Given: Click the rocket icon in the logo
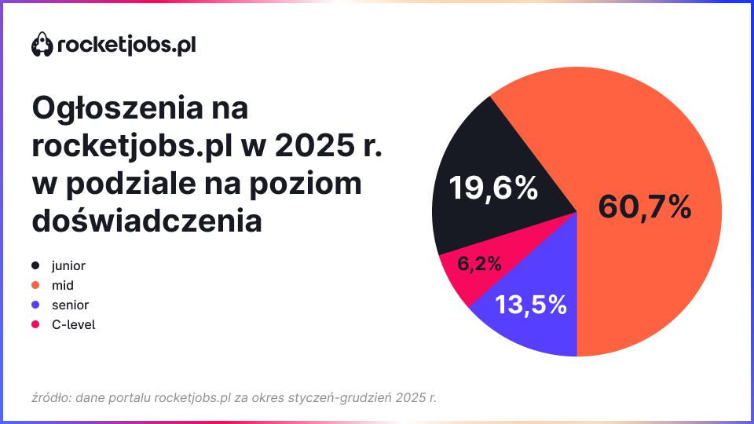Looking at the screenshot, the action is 42,44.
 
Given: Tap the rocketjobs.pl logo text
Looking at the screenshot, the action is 126,46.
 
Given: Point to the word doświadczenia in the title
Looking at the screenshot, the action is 147,220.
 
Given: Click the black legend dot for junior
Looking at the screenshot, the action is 35,265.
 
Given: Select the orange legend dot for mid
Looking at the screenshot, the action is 35,285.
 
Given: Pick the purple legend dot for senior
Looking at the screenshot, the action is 35,305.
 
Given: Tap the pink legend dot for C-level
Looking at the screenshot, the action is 35,324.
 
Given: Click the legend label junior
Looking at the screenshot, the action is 68,266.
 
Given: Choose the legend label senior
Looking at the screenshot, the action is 70,305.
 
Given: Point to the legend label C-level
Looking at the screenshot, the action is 74,324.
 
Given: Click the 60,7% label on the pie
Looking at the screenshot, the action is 644,207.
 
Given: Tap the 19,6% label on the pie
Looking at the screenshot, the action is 493,188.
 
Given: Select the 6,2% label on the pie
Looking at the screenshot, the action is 479,264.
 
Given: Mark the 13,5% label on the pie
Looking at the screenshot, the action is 531,305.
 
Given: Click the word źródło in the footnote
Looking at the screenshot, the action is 52,398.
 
